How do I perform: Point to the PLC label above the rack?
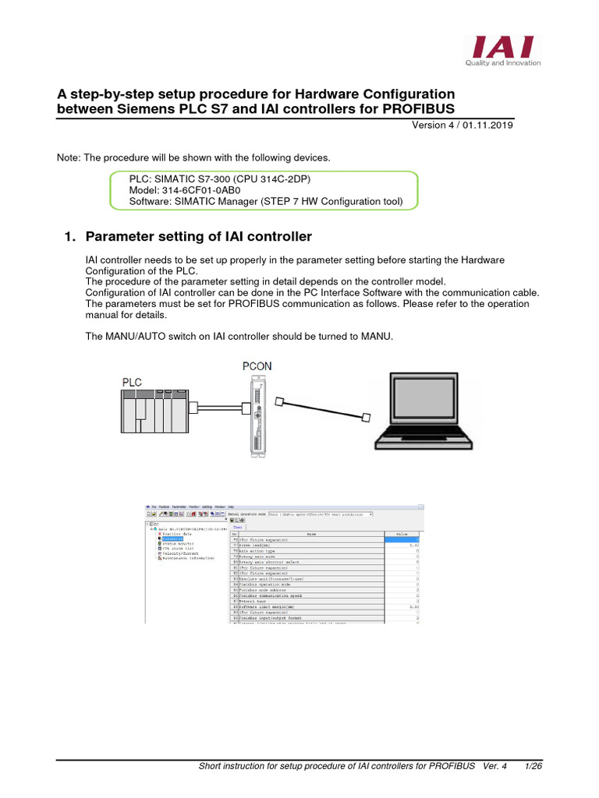[132, 382]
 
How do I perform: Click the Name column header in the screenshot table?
[311, 533]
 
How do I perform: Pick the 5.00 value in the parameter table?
[414, 546]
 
